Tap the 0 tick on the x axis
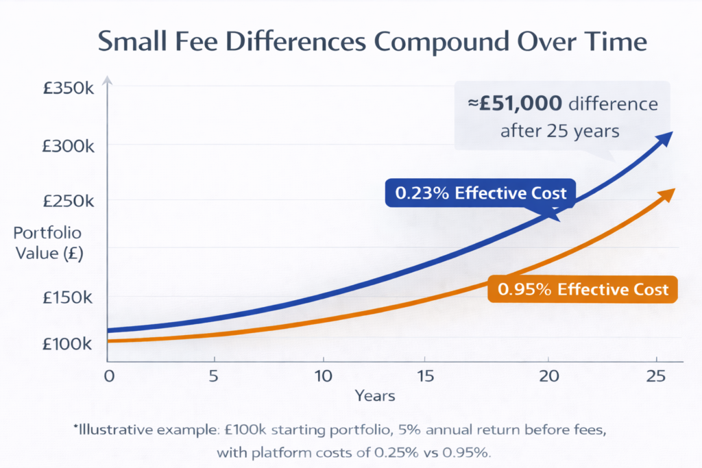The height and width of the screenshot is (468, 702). click(108, 375)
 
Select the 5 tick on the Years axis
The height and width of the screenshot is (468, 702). click(215, 375)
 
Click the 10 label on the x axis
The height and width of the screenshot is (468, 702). click(322, 375)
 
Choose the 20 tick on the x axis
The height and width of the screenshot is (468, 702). click(548, 375)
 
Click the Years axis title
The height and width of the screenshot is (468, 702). click(375, 396)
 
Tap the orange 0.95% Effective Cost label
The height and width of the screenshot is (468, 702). click(583, 289)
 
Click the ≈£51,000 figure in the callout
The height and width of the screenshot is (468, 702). click(516, 104)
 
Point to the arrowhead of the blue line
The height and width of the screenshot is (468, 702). click(664, 139)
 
